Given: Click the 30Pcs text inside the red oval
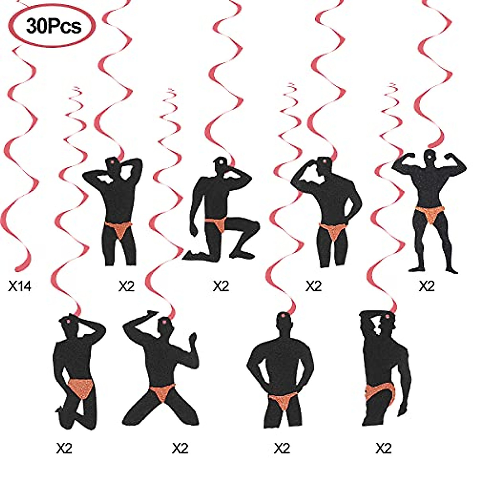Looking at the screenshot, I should (54, 26).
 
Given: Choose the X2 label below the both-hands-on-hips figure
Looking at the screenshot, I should (282, 449).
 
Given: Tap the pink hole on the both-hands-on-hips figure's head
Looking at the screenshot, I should (283, 316).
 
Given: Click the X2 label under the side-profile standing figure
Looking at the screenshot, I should (384, 449).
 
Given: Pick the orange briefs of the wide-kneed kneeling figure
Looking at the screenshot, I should (162, 392).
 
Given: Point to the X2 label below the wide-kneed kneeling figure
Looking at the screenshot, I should (180, 449).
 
